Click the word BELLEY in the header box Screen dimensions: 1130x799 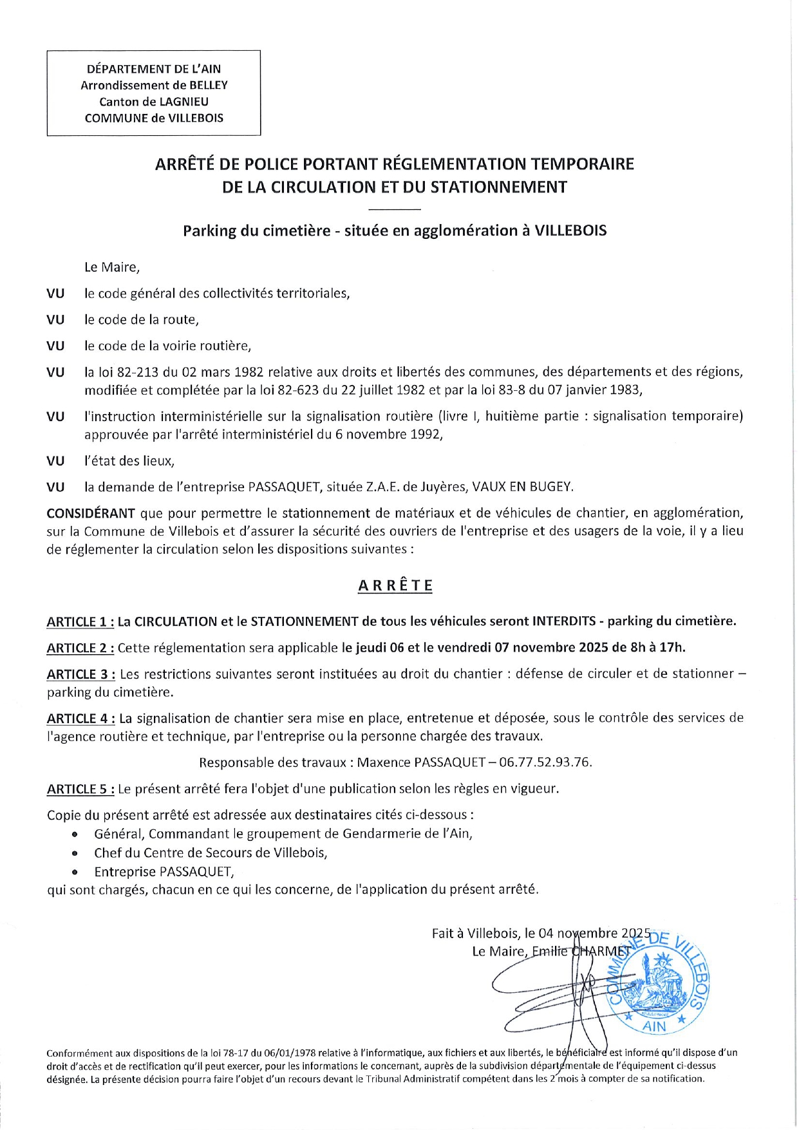pyautogui.click(x=208, y=85)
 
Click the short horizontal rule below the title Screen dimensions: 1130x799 pyautogui.click(x=395, y=210)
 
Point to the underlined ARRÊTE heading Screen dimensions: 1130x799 pyautogui.click(x=395, y=586)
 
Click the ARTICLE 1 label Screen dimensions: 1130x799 pyautogui.click(x=80, y=622)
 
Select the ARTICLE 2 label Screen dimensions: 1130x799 pyautogui.click(x=80, y=648)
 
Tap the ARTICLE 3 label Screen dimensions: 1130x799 pyautogui.click(x=80, y=675)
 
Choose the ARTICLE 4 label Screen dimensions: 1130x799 pyautogui.click(x=80, y=719)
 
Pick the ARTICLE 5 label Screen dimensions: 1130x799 pyautogui.click(x=80, y=789)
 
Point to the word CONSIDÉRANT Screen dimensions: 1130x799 pyautogui.click(x=91, y=514)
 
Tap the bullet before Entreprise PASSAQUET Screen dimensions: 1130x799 pyautogui.click(x=76, y=873)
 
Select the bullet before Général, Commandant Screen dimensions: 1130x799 pyautogui.click(x=76, y=835)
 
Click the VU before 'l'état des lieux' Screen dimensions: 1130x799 pyautogui.click(x=55, y=462)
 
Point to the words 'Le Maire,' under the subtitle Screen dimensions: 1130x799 pyautogui.click(x=112, y=267)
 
